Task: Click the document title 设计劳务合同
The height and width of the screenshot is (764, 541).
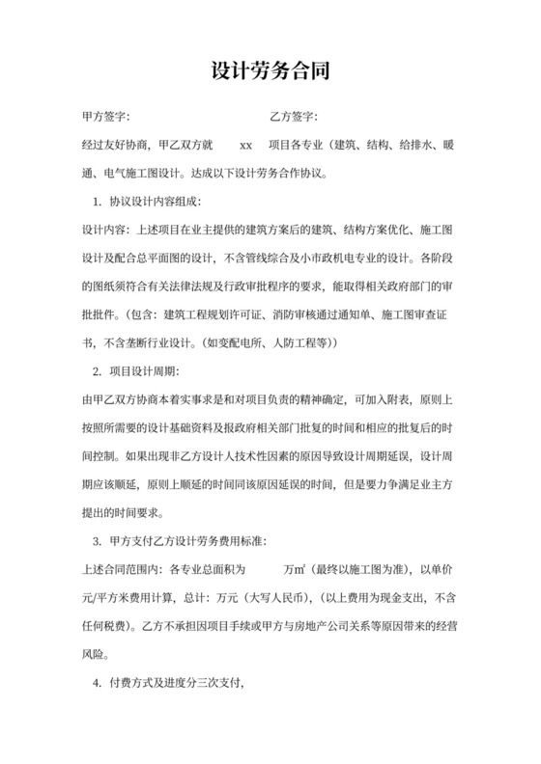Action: (x=270, y=71)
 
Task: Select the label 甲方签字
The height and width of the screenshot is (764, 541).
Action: (x=107, y=119)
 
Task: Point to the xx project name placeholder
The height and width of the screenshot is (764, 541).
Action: (x=245, y=147)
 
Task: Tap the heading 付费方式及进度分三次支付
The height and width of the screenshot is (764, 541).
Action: (x=179, y=683)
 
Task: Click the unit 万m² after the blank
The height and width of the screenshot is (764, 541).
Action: (x=296, y=569)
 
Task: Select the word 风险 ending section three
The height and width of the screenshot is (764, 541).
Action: (x=94, y=654)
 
